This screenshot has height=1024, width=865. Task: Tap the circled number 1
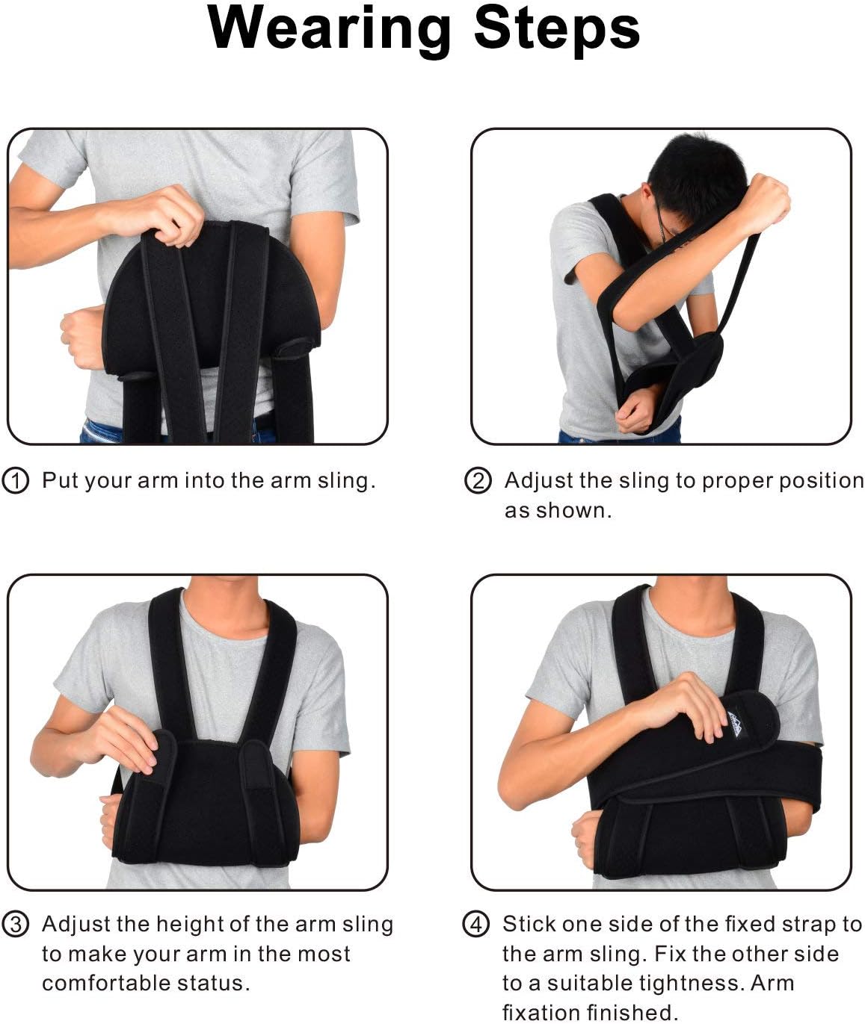tap(15, 480)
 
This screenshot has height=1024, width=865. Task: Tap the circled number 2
tap(478, 480)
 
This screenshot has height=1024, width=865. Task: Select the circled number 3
tap(15, 924)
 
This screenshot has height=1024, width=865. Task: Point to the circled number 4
tap(476, 924)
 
